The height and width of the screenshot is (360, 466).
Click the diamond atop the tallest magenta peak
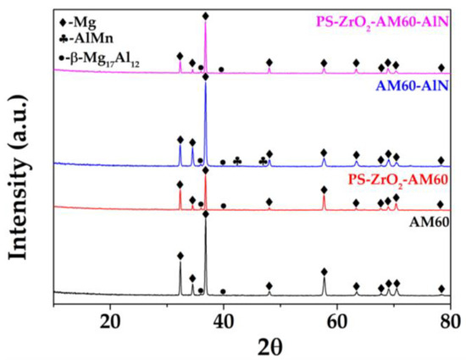click(x=205, y=16)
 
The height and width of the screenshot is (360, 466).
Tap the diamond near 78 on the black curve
click(x=441, y=289)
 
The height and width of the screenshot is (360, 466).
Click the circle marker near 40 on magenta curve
click(x=221, y=69)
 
